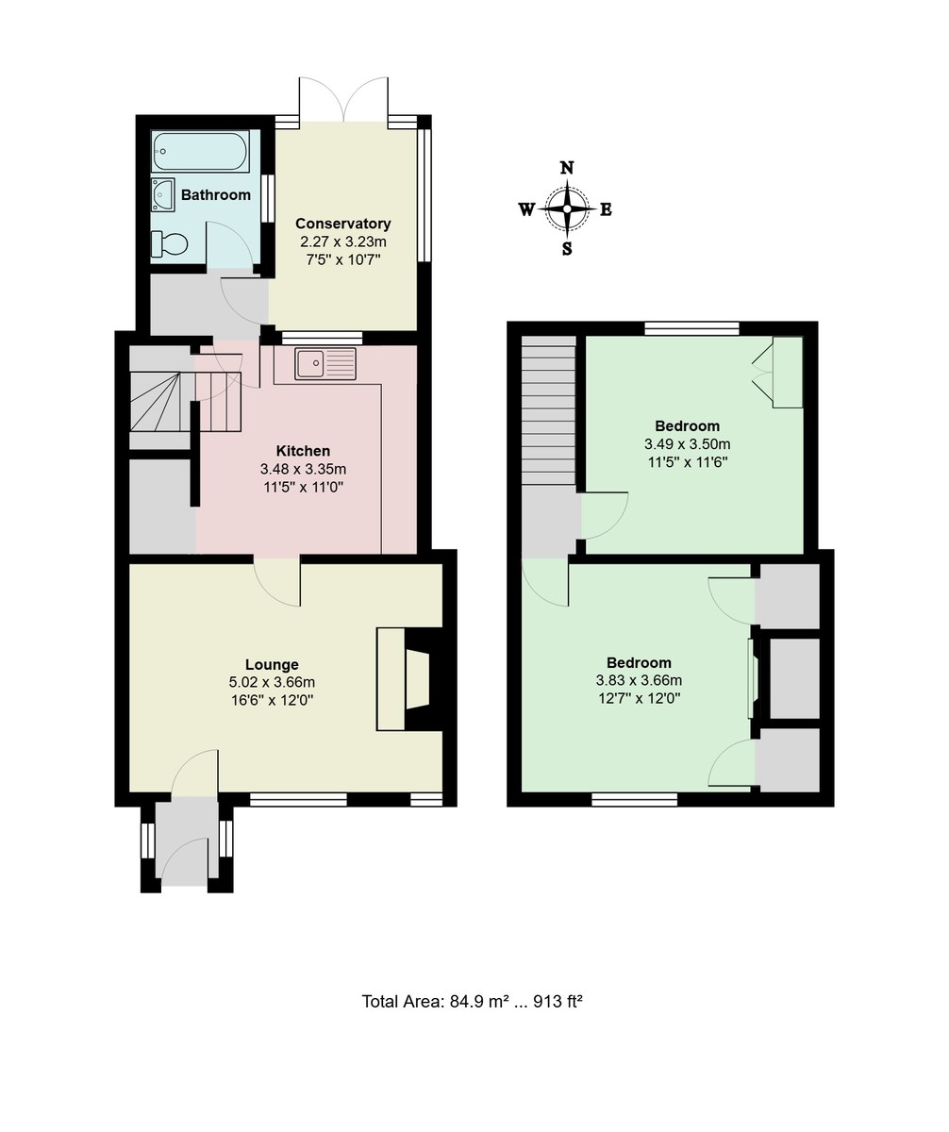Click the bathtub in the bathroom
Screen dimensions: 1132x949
click(x=200, y=151)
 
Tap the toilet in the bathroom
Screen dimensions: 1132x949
click(x=170, y=244)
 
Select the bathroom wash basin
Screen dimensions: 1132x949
click(x=162, y=195)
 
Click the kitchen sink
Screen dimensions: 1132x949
click(x=325, y=363)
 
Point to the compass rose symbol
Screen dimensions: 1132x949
click(x=567, y=208)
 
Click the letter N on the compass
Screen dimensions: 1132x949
click(x=567, y=169)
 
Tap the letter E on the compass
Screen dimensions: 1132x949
click(x=606, y=209)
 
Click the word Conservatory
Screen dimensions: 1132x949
click(x=342, y=224)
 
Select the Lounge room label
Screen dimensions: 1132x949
click(x=272, y=664)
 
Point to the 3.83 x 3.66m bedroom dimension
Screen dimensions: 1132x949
click(x=639, y=680)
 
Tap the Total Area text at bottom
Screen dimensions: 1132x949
click(x=472, y=1001)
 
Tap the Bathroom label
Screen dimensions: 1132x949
click(x=216, y=195)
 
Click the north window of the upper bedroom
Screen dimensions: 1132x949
click(x=692, y=328)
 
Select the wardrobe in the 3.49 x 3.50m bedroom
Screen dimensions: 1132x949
click(x=786, y=373)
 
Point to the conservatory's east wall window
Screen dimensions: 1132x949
click(x=424, y=193)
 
